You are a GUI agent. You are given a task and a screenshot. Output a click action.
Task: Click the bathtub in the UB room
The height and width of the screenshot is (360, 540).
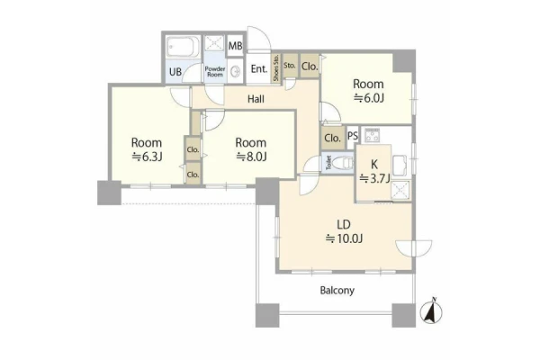click(x=184, y=47)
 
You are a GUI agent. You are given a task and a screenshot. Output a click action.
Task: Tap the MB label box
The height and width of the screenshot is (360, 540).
click(x=235, y=46)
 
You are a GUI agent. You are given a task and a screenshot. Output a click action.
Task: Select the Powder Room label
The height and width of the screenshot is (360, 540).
click(x=215, y=71)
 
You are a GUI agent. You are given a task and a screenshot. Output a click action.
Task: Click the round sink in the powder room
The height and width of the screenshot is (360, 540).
click(x=236, y=72)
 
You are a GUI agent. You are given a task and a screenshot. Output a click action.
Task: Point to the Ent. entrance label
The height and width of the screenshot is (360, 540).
click(x=259, y=69)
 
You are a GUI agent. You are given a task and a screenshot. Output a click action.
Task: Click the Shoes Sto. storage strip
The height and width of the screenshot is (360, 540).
click(x=276, y=67)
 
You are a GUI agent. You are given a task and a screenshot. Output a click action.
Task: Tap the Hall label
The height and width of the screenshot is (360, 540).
click(x=256, y=99)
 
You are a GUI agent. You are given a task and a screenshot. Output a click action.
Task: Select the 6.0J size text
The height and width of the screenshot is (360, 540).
click(x=369, y=98)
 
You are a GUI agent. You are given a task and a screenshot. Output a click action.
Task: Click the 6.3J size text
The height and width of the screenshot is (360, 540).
click(x=147, y=157)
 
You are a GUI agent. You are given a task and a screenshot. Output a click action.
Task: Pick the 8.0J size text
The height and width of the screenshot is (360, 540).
click(x=251, y=157)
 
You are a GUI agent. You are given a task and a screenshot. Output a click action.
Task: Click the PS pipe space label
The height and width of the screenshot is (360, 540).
click(x=353, y=136)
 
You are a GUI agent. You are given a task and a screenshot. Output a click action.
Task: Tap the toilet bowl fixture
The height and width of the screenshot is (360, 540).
click(x=345, y=163)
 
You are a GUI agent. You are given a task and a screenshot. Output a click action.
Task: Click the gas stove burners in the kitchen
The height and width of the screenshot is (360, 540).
click(x=372, y=135)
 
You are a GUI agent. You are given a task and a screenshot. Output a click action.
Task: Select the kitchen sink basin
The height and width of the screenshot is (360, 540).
click(x=400, y=166)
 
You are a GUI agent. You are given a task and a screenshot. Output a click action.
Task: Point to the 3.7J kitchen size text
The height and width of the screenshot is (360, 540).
click(x=374, y=179)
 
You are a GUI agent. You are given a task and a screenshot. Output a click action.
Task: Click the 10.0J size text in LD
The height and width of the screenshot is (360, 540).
click(x=344, y=238)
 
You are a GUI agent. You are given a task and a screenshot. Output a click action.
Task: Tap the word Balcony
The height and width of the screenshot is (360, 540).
click(x=337, y=291)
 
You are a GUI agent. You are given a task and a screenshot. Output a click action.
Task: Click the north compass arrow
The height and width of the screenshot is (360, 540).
click(x=431, y=310)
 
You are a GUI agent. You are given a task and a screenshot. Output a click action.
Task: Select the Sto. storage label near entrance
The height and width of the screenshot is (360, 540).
click(x=290, y=65)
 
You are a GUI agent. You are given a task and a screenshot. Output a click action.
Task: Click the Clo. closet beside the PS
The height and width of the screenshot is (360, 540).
click(x=332, y=138)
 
